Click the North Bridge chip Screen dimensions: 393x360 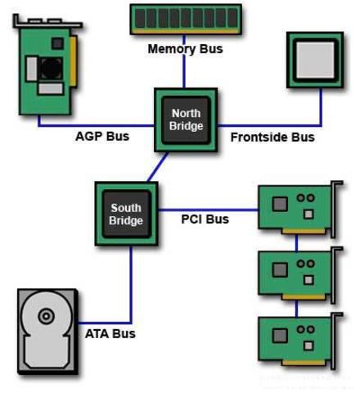[186, 120]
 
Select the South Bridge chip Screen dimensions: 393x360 [126, 215]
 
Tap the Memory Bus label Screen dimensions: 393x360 [185, 49]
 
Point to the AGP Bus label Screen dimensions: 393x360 [102, 137]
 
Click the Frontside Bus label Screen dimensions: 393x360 [272, 137]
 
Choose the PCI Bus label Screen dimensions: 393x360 [205, 219]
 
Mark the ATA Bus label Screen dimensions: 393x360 [110, 333]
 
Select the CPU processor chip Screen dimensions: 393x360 [314, 59]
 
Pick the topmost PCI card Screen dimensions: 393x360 [296, 208]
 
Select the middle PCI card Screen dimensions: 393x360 [296, 272]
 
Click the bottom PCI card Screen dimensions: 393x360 [296, 338]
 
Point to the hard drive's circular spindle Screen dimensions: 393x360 [46, 315]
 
